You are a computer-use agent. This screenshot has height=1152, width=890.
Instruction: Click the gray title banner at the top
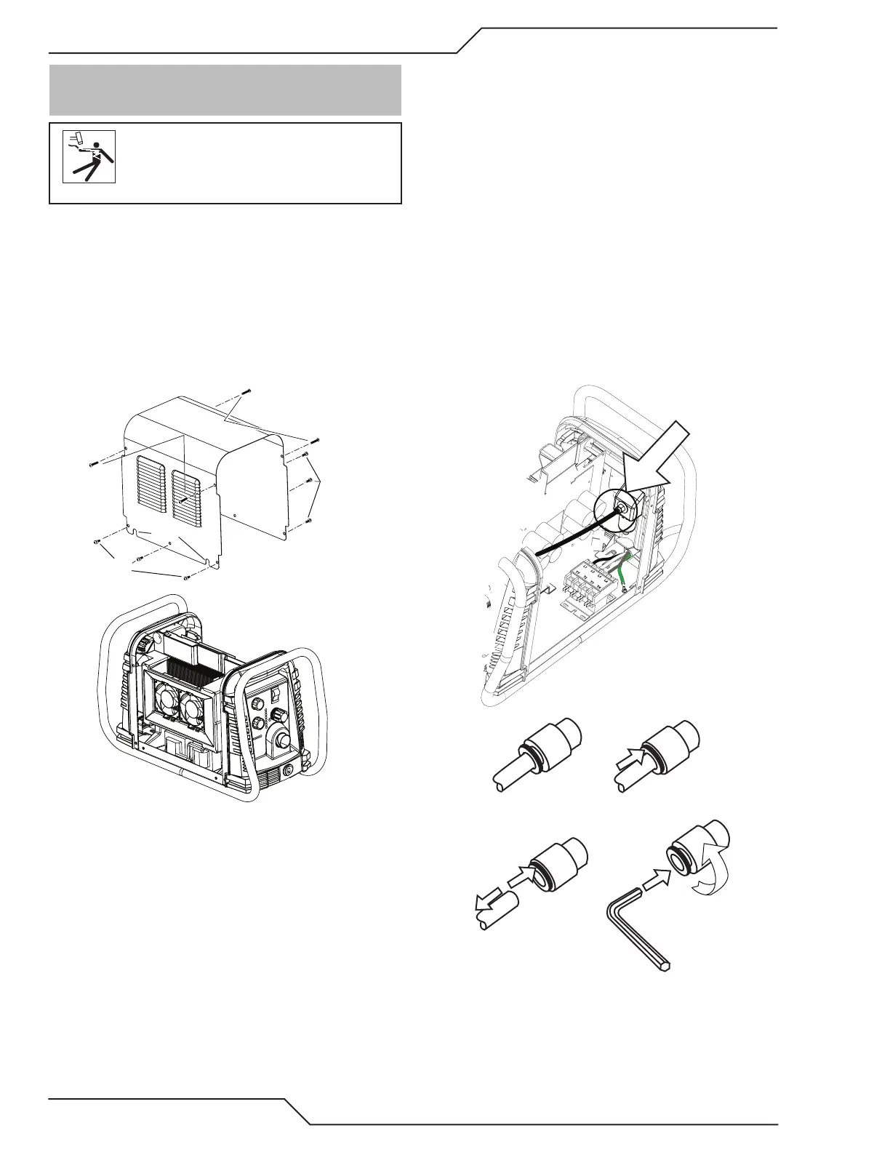pyautogui.click(x=225, y=90)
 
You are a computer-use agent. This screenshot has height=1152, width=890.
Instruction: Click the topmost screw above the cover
pyautogui.click(x=246, y=392)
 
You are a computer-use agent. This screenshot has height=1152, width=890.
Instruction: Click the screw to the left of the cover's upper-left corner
pyautogui.click(x=91, y=463)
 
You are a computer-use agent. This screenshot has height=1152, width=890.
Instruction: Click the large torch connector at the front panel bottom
pyautogui.click(x=279, y=740)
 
